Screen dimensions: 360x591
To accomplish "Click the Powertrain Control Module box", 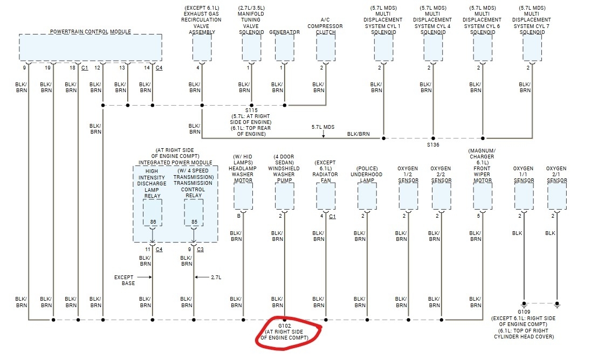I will click(x=91, y=48).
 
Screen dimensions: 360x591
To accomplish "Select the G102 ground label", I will click(x=284, y=327).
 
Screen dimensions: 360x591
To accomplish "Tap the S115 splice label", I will click(x=251, y=110).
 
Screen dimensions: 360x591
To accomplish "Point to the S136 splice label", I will click(x=433, y=144).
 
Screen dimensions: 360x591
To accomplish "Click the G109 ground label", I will click(x=523, y=311).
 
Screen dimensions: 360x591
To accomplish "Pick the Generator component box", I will click(x=284, y=48).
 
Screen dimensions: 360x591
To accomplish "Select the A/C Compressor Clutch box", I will click(x=325, y=48).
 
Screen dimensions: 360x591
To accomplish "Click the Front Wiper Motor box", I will click(x=483, y=197).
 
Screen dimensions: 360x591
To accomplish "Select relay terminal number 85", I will click(x=194, y=221).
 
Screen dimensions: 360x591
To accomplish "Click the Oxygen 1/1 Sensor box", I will click(x=524, y=197).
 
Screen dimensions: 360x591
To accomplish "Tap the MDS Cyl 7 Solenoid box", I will click(x=532, y=48).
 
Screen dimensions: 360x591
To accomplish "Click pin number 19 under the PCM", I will click(x=48, y=68).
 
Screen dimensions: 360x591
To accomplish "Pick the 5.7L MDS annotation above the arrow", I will click(x=323, y=127).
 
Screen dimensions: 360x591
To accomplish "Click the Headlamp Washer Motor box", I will click(x=243, y=197).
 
